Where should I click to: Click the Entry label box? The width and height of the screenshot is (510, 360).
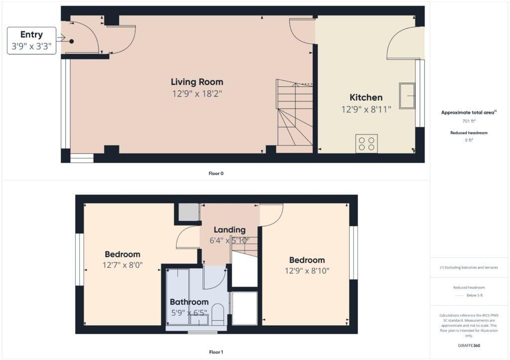(x=31, y=40)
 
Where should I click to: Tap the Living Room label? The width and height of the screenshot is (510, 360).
(x=197, y=82)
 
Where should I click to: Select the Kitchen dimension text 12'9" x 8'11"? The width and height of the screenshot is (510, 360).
(x=366, y=110)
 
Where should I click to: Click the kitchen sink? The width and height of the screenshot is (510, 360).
(x=407, y=96)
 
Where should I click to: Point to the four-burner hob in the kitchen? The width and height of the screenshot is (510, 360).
(x=366, y=143)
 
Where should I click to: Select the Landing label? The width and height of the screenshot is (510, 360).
(x=230, y=230)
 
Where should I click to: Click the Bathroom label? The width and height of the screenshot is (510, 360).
(x=189, y=302)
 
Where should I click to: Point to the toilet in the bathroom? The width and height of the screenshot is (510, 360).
(x=218, y=314)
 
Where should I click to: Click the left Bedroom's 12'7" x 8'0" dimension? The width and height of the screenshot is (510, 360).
(x=123, y=265)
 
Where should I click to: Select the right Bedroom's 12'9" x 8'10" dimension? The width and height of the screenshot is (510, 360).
(x=307, y=271)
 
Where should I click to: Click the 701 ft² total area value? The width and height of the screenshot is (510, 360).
(x=469, y=121)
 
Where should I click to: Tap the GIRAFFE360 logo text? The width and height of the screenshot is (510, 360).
(x=469, y=345)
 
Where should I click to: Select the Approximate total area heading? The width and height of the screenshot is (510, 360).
(x=468, y=113)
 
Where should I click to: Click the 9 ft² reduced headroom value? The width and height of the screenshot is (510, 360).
(x=469, y=141)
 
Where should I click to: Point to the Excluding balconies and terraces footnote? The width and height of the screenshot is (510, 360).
(x=469, y=267)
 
